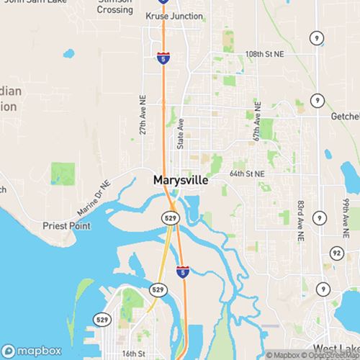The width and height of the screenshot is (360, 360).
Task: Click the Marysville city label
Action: pyautogui.click(x=181, y=180)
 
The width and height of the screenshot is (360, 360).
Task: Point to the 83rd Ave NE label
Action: pyautogui.click(x=297, y=221)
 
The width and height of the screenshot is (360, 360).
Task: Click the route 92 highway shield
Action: pyautogui.click(x=336, y=252)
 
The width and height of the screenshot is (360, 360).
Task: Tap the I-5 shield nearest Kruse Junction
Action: pyautogui.click(x=163, y=57)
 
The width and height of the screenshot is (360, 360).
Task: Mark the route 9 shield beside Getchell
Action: pyautogui.click(x=317, y=99)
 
